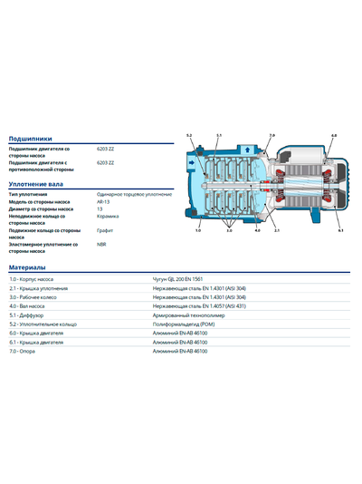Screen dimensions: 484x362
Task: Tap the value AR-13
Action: point(102,201)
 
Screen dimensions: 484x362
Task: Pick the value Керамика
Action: point(107,217)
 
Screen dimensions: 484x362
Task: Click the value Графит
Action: point(104,231)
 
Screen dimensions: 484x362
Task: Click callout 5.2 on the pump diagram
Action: point(189,135)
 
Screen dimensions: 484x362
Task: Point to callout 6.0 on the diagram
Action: point(334,135)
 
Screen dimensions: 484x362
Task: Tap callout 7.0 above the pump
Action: point(271,135)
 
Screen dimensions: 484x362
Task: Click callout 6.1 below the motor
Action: point(340,231)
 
